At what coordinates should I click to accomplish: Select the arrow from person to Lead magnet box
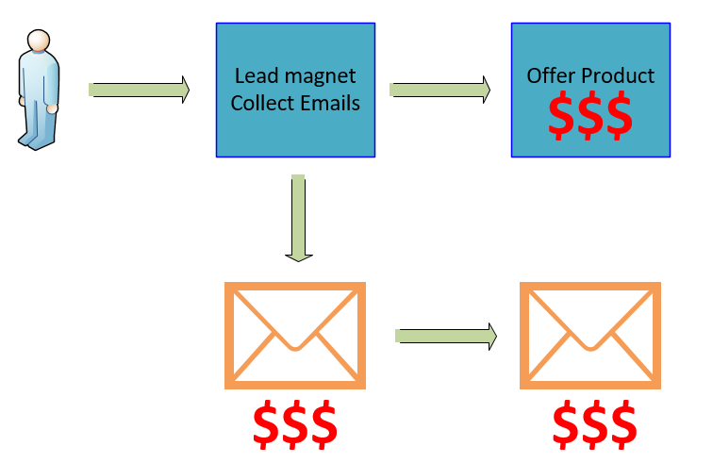[139, 90]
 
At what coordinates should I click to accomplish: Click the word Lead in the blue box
[253, 75]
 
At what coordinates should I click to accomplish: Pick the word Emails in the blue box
[329, 103]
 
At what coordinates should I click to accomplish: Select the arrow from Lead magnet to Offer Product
[439, 90]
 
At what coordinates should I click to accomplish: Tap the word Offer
[550, 75]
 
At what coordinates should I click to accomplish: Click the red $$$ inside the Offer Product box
[589, 115]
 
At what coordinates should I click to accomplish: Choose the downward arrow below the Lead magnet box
[298, 217]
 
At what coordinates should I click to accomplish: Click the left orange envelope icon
[295, 335]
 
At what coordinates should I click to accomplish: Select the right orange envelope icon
[589, 335]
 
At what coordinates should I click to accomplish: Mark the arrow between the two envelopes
[445, 335]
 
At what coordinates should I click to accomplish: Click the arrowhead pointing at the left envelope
[298, 253]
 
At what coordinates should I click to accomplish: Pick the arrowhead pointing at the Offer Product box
[484, 90]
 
